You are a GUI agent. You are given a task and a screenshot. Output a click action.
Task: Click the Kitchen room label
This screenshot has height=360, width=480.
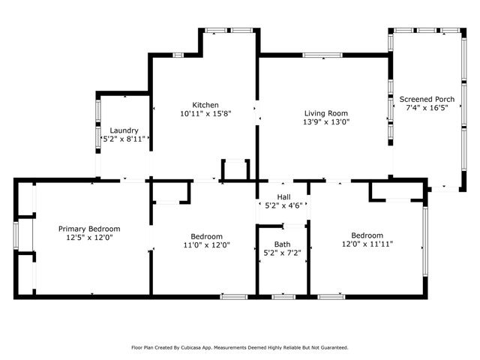(x=205, y=104)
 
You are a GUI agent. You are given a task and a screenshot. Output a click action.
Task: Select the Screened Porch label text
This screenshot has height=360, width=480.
(x=427, y=98)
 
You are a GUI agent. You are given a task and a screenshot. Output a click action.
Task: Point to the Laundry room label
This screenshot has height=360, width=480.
(x=124, y=130)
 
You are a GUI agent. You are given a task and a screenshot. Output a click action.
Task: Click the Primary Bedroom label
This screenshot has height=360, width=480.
(x=89, y=229)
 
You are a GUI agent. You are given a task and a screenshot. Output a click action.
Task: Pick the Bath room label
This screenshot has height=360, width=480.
(x=282, y=244)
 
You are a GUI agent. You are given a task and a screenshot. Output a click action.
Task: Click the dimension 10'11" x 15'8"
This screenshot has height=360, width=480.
(x=205, y=114)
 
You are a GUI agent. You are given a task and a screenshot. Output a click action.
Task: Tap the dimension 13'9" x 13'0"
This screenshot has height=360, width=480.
(x=326, y=121)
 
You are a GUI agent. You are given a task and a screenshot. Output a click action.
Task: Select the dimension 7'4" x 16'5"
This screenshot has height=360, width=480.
(x=427, y=108)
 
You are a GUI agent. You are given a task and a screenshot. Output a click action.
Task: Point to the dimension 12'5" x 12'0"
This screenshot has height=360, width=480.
(x=89, y=238)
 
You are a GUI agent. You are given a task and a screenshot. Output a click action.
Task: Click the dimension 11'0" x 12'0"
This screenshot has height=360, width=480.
(x=206, y=244)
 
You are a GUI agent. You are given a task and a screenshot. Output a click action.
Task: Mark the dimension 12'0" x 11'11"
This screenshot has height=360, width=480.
(x=367, y=244)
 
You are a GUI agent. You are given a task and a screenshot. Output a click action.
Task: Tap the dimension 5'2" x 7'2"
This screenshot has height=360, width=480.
(x=282, y=253)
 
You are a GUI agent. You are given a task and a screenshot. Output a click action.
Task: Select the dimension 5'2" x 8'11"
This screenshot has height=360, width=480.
(x=124, y=139)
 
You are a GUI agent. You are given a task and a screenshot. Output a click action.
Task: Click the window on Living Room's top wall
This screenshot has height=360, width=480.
(x=325, y=54)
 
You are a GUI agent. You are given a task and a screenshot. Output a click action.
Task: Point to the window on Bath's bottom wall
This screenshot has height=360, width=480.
(x=283, y=297)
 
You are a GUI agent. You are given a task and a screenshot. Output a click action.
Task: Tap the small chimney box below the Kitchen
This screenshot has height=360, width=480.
(x=235, y=169)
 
